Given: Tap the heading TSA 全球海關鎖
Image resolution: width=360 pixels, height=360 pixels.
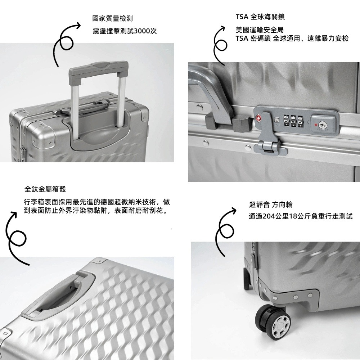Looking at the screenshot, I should pos(260,17).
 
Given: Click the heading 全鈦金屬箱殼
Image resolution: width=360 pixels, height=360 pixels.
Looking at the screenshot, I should pos(45,189).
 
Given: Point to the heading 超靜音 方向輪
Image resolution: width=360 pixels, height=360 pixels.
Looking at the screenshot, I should pos(271,204).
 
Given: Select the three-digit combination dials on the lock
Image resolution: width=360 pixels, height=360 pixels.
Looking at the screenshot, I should pos(292,121).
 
